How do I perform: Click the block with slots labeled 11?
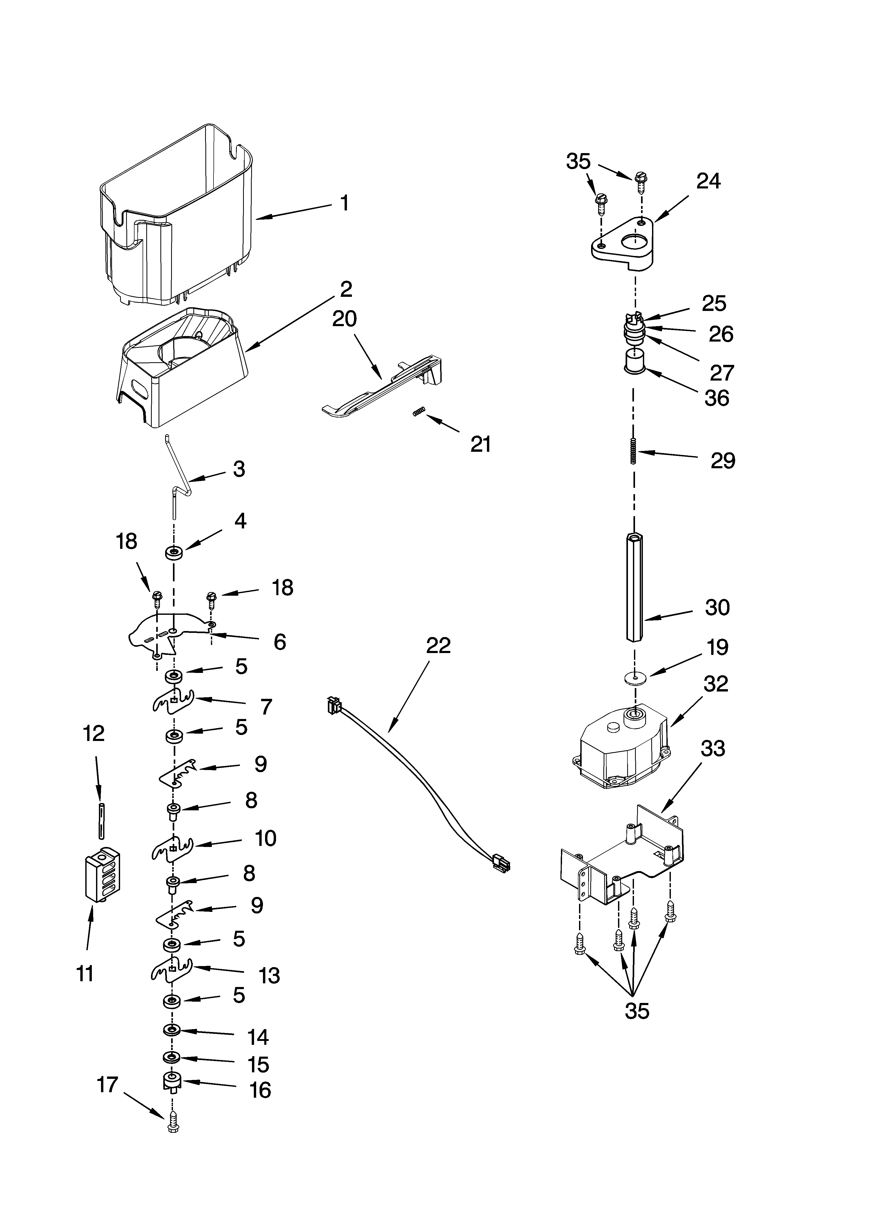coord(102,875)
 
